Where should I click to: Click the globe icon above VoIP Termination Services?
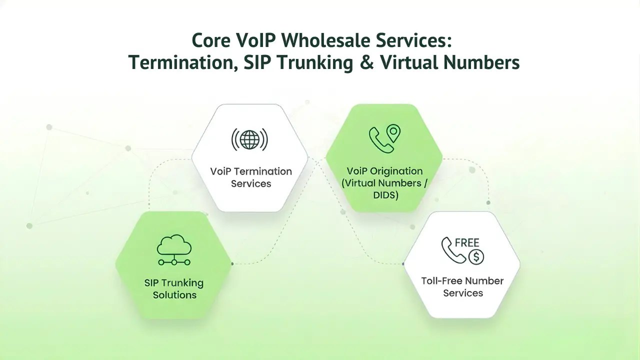pyautogui.click(x=249, y=139)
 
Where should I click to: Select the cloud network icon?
pyautogui.click(x=174, y=250)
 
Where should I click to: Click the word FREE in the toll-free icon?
pyautogui.click(x=467, y=243)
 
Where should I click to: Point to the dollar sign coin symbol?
pyautogui.click(x=476, y=257)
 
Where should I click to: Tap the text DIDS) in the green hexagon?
pyautogui.click(x=385, y=195)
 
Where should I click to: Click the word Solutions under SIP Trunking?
pyautogui.click(x=174, y=295)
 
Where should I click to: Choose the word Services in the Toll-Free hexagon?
pyautogui.click(x=462, y=293)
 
